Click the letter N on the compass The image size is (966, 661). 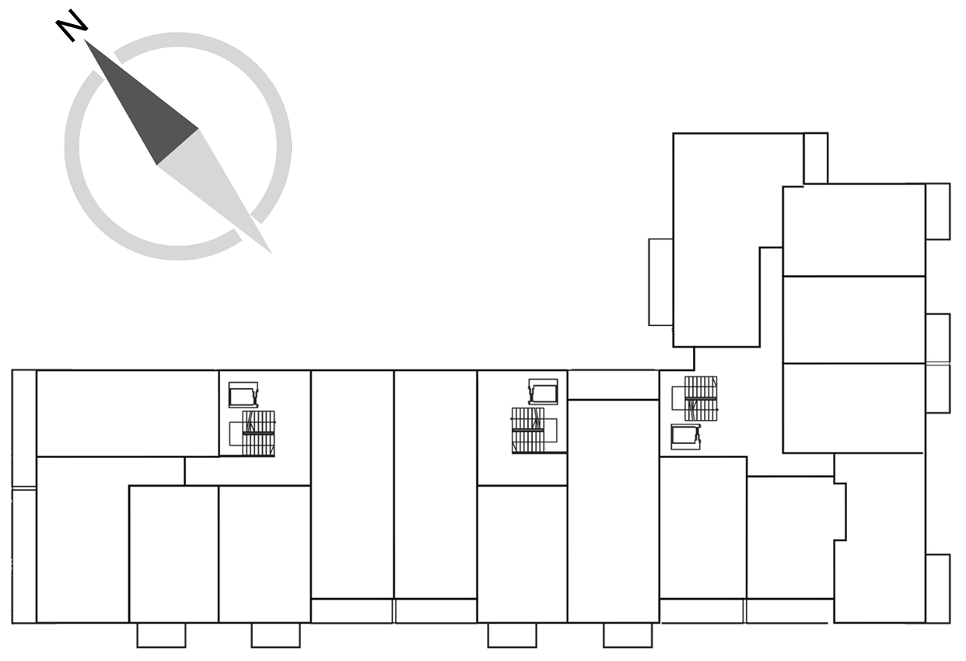click(72, 26)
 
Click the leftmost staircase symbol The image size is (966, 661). click(258, 433)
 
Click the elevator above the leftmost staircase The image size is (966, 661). click(243, 394)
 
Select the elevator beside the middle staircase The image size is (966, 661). click(544, 391)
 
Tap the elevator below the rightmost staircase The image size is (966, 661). click(686, 437)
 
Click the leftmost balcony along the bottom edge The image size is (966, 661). click(161, 635)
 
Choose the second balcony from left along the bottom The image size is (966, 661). click(275, 635)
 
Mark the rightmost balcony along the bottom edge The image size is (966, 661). click(628, 635)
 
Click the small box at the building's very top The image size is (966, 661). click(815, 158)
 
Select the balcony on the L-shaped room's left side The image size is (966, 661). click(660, 282)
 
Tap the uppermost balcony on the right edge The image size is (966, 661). click(937, 212)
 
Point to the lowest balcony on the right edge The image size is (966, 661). click(937, 589)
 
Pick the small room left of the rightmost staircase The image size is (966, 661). click(613, 385)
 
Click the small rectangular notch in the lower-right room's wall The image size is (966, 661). click(840, 512)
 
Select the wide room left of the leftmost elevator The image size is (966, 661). click(128, 413)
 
